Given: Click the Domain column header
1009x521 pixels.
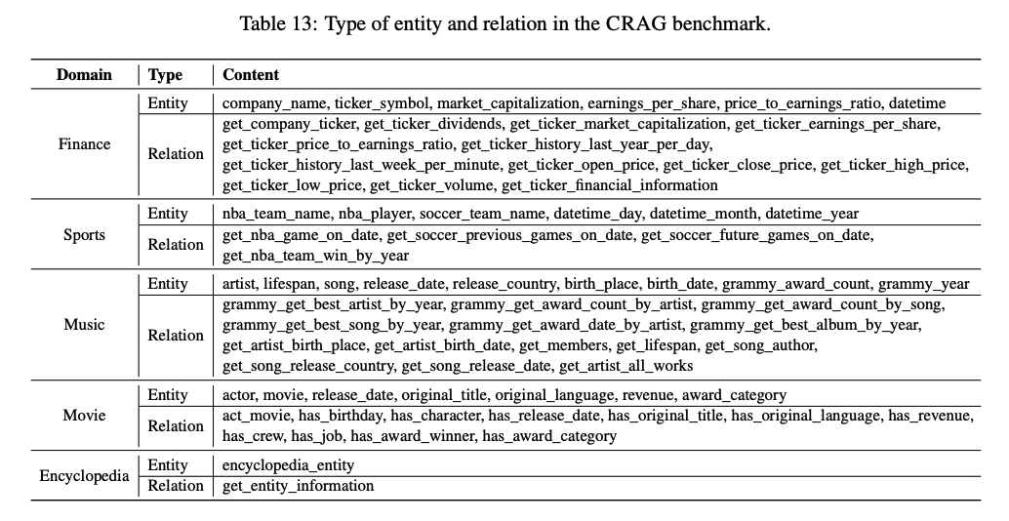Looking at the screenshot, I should (x=84, y=74).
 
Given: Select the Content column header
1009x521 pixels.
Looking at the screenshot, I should (x=251, y=74).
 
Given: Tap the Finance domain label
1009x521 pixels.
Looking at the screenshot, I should (x=85, y=143).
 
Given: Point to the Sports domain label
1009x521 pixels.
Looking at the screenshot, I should (x=84, y=234).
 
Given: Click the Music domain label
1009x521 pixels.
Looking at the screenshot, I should (x=84, y=324).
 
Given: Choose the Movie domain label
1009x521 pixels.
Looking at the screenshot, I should (x=84, y=415).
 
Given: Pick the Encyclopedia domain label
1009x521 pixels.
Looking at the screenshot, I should (x=84, y=476).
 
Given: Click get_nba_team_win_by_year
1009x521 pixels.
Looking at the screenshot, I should (x=316, y=256).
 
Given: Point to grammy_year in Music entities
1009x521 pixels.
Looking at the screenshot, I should (x=924, y=284).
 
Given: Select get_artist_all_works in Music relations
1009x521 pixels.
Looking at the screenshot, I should (x=626, y=366).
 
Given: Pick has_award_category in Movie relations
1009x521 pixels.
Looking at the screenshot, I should (x=549, y=436).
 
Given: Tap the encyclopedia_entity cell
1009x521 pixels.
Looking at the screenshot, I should (x=289, y=465).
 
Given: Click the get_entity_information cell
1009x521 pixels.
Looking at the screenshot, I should (x=298, y=486).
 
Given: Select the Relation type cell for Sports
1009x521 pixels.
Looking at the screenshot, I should (x=176, y=245).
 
